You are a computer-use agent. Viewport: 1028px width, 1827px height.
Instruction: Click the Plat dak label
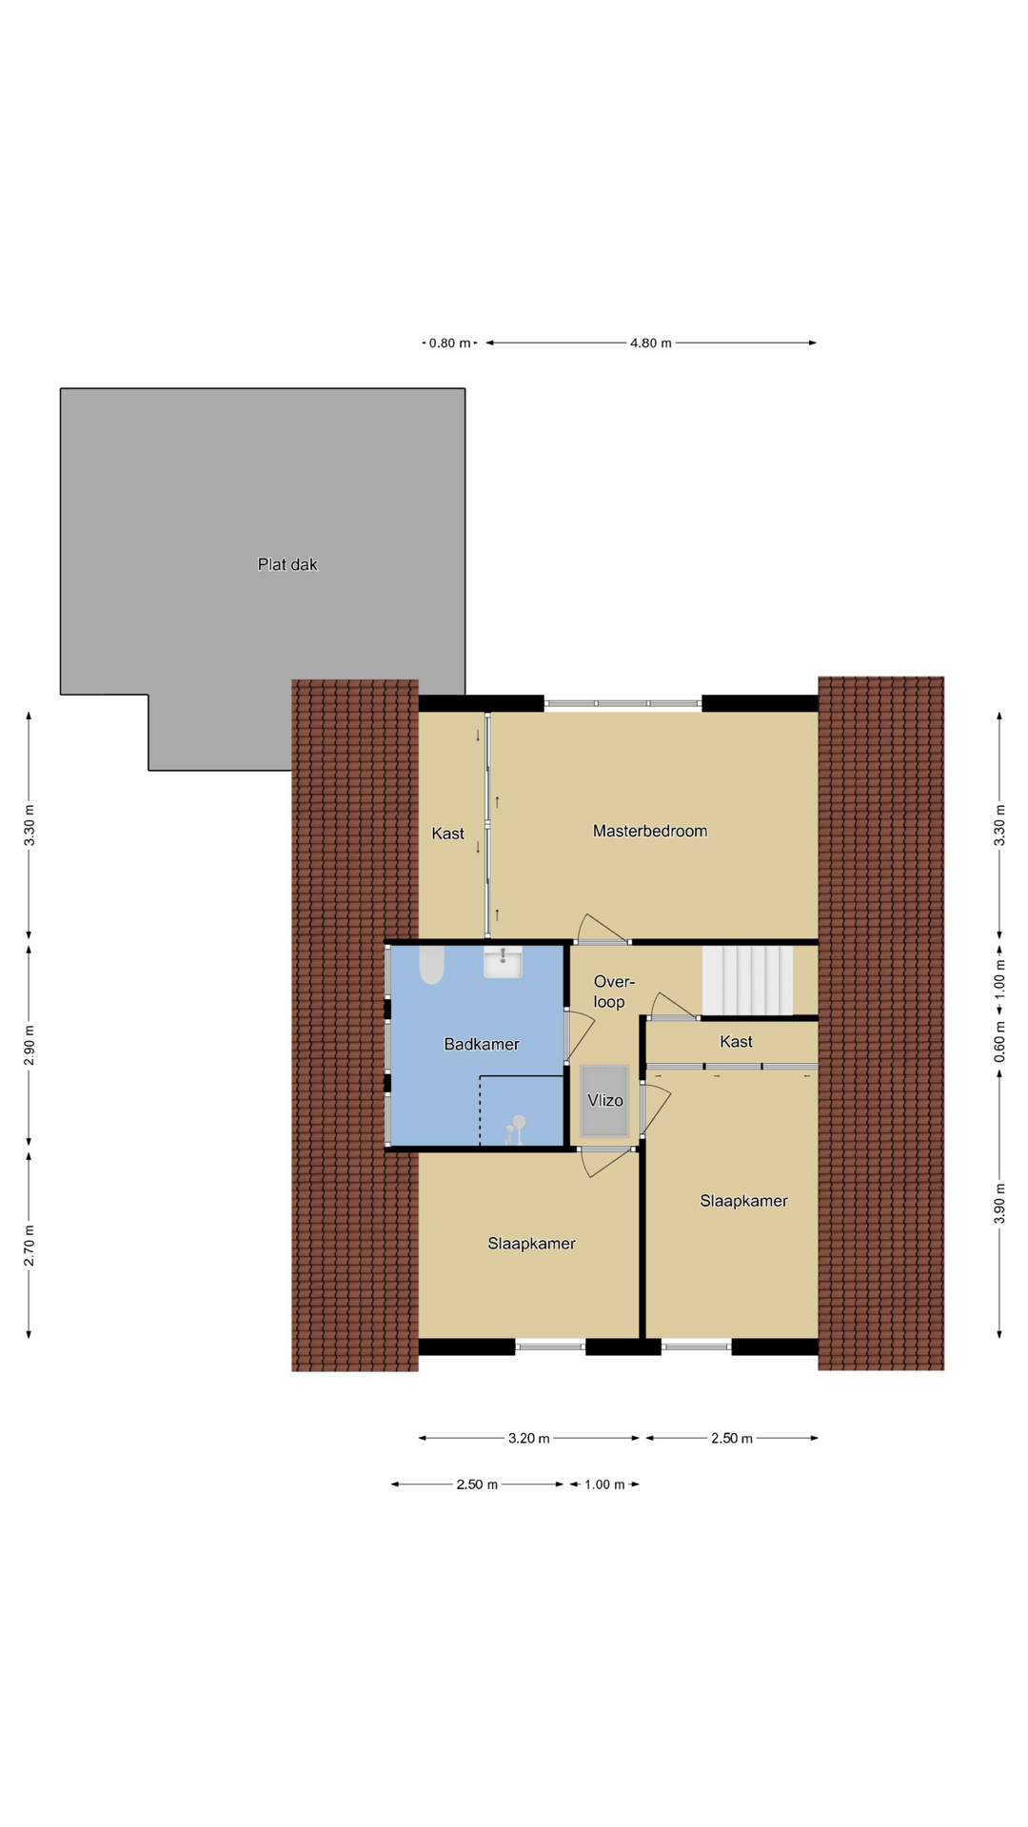point(287,564)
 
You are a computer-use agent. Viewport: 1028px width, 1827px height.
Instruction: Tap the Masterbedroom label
point(650,831)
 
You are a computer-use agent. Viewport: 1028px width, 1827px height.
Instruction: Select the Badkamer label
point(482,1044)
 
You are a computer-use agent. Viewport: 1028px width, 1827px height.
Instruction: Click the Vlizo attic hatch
point(604,1100)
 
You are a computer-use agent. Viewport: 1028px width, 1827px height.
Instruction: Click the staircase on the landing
point(748,980)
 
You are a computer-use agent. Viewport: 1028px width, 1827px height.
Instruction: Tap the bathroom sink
point(503,962)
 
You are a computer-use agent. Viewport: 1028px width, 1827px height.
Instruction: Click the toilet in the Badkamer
point(431,965)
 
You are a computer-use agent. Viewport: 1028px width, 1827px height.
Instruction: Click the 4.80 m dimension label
point(651,343)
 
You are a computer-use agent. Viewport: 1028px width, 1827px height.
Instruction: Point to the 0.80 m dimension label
point(449,343)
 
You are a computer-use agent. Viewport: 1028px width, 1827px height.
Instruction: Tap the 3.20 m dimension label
point(528,1438)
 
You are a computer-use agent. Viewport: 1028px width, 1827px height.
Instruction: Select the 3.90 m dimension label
point(999,1203)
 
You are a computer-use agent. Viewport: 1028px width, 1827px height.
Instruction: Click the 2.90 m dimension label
point(29,1045)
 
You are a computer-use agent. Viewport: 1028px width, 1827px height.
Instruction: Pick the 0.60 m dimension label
point(999,1042)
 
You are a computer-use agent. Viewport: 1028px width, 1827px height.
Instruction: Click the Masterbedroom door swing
point(603,929)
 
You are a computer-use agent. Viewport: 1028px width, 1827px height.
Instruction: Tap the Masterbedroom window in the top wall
point(623,703)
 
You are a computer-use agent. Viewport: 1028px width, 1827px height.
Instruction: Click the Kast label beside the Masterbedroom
point(447,834)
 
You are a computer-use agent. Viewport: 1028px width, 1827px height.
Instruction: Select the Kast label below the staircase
point(736,1041)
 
